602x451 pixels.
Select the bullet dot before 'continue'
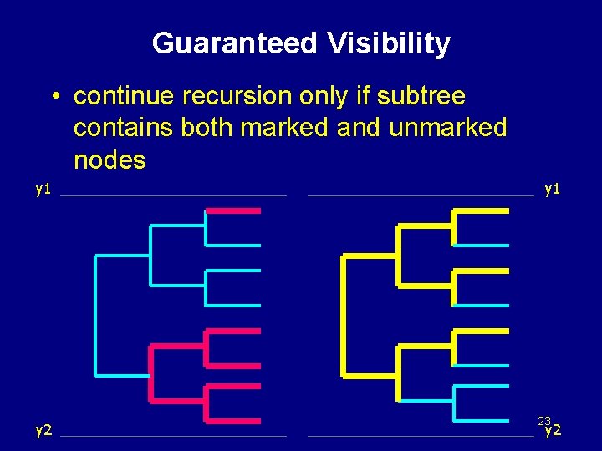click(x=53, y=98)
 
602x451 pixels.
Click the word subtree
click(x=421, y=97)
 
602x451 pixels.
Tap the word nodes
click(x=110, y=159)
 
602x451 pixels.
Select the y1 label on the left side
click(x=43, y=189)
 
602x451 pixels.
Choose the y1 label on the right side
click(x=552, y=189)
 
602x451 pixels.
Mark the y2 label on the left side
click(x=43, y=430)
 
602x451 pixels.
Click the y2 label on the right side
click(x=553, y=432)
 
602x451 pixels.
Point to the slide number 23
click(x=544, y=421)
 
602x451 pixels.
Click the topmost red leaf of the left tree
click(x=233, y=211)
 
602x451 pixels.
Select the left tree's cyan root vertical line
click(x=96, y=314)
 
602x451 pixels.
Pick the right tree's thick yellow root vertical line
click(x=343, y=314)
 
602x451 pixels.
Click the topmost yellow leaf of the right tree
click(x=481, y=211)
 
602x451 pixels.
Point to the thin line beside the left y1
click(x=173, y=196)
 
